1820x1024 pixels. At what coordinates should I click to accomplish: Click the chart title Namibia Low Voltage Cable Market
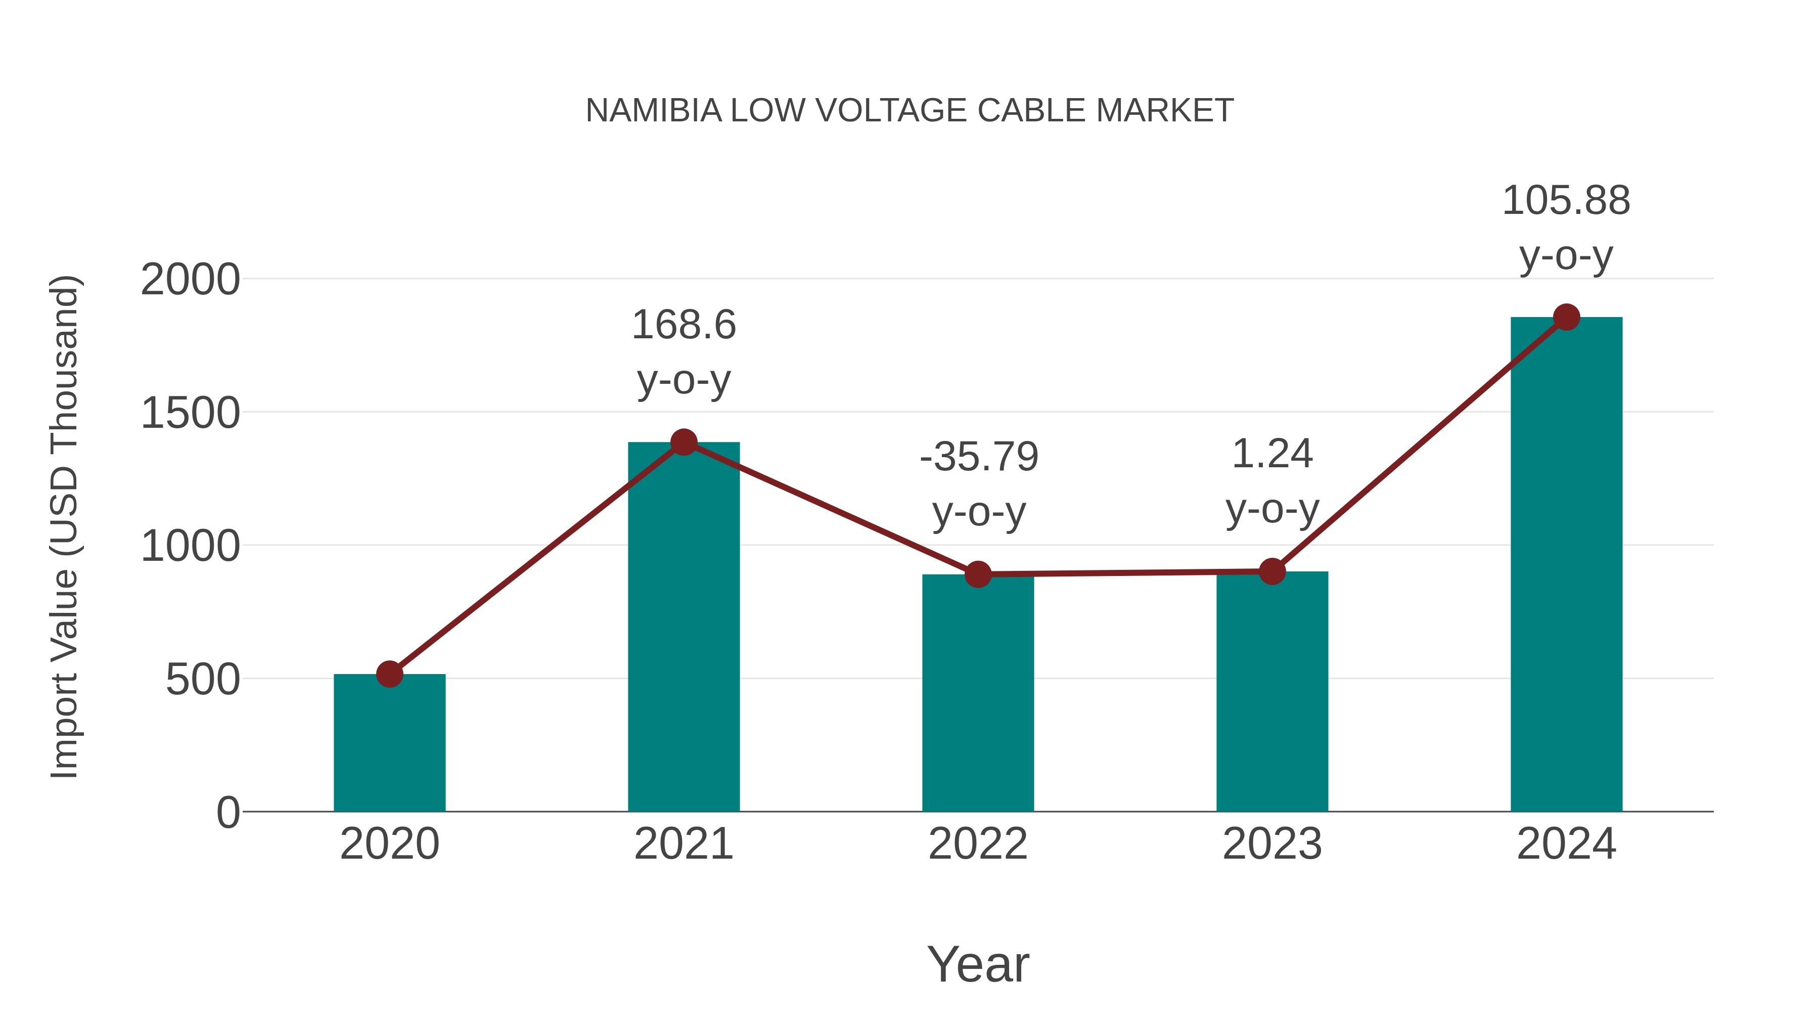click(x=909, y=111)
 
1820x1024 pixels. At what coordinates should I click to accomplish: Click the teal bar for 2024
click(x=1566, y=565)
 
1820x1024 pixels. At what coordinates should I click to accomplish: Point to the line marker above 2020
click(x=389, y=674)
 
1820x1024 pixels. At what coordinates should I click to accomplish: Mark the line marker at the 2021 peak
click(x=683, y=442)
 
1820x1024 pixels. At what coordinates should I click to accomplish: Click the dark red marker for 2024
click(x=1566, y=317)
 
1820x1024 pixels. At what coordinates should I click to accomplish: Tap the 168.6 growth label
click(x=683, y=326)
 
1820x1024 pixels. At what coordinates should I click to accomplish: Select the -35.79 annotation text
click(x=979, y=457)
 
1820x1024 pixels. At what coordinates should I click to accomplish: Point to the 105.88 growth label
click(x=1566, y=201)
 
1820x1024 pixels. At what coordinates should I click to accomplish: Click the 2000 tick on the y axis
click(x=190, y=280)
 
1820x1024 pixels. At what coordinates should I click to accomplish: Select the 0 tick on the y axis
click(x=227, y=813)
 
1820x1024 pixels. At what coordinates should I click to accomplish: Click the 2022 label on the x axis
click(x=978, y=844)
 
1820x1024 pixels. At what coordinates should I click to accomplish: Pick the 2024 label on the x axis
click(x=1566, y=844)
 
